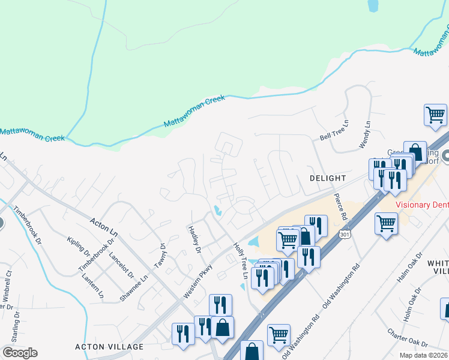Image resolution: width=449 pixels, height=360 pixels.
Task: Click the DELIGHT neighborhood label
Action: click(328, 178)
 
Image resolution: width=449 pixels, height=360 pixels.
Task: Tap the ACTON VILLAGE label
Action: click(109, 347)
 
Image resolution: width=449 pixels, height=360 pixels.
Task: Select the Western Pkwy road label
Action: click(198, 281)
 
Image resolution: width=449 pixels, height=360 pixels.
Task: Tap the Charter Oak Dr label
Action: click(407, 338)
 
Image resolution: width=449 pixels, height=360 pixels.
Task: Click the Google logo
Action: click(20, 353)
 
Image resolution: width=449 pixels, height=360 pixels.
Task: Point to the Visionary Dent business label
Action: click(422, 205)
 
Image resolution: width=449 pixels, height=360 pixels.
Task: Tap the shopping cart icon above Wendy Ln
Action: click(435, 114)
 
